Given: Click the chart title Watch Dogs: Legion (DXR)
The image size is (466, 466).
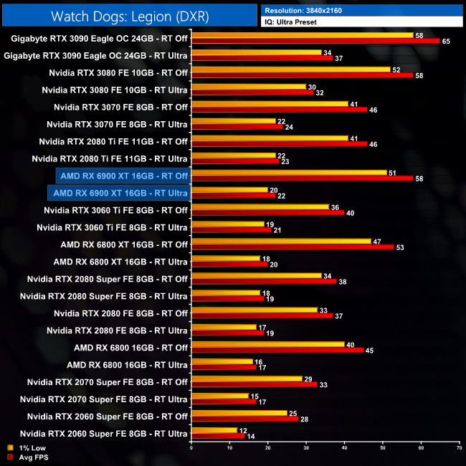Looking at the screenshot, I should [x=129, y=14].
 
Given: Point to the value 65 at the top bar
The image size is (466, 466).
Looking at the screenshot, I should [x=446, y=42].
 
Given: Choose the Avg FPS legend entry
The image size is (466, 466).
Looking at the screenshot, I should [x=25, y=457].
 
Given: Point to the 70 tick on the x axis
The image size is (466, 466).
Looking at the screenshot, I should [x=459, y=449].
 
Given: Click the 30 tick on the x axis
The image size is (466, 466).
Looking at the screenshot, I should [x=306, y=449].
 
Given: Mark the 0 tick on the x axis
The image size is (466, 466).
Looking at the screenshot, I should [x=191, y=449].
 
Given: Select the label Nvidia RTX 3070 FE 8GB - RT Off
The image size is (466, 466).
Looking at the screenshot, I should [x=120, y=107].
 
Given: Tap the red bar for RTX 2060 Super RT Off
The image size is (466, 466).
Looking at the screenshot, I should [x=244, y=419].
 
